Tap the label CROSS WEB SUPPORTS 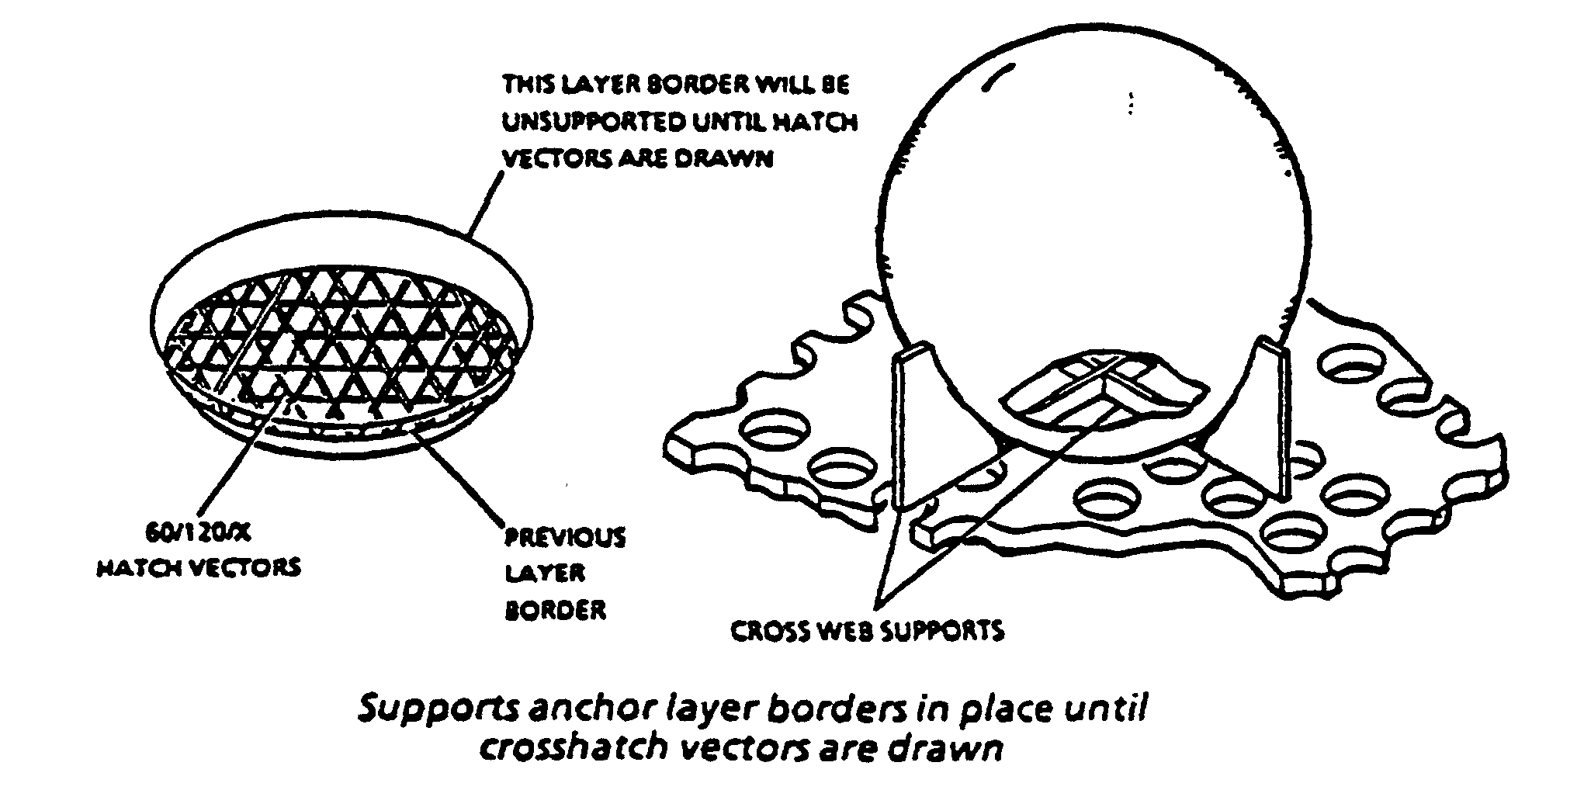tap(867, 630)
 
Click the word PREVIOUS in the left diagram tap(565, 537)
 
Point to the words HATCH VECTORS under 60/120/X tap(198, 567)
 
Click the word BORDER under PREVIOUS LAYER tap(555, 610)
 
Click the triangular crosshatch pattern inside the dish tap(341, 334)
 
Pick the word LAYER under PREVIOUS tap(545, 573)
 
